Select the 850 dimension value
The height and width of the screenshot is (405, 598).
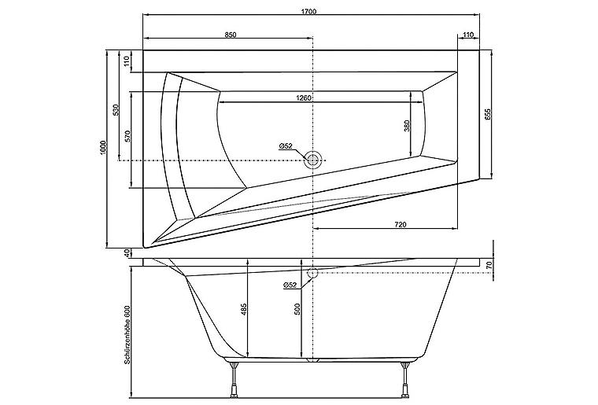pyautogui.click(x=231, y=36)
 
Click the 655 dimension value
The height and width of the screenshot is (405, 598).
pyautogui.click(x=488, y=113)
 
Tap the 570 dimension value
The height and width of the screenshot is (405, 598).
pyautogui.click(x=127, y=136)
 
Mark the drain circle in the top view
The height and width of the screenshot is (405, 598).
pyautogui.click(x=313, y=160)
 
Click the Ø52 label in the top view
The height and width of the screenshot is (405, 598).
pyautogui.click(x=286, y=145)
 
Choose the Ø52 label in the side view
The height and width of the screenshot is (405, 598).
pyautogui.click(x=289, y=285)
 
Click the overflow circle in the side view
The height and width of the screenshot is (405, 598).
pyautogui.click(x=312, y=274)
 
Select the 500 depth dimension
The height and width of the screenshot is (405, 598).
pyautogui.click(x=297, y=309)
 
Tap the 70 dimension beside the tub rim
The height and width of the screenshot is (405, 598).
pyautogui.click(x=489, y=267)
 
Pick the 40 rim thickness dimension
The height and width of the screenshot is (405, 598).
pyautogui.click(x=127, y=253)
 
